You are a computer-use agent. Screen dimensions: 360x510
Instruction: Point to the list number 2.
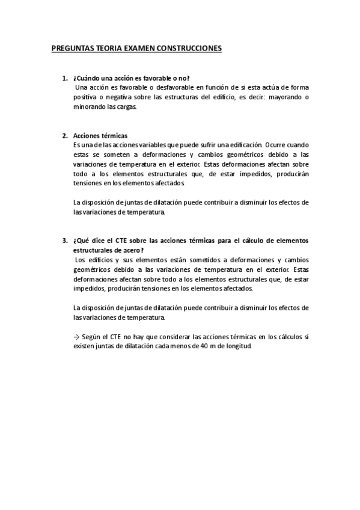tap(65, 136)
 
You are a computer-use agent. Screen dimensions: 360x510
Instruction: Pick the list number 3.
tap(65, 241)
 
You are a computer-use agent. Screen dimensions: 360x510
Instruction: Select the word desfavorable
tap(162, 87)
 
